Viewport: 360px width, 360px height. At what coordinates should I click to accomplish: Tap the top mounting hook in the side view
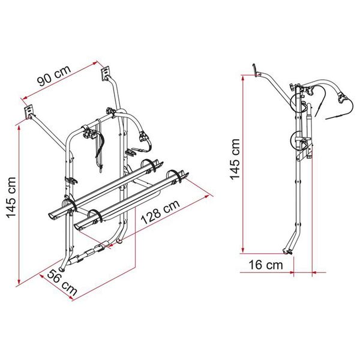[x=255, y=70]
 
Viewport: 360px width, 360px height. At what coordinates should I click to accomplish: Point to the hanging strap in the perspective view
[x=99, y=147]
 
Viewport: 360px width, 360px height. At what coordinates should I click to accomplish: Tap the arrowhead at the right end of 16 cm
[x=313, y=274]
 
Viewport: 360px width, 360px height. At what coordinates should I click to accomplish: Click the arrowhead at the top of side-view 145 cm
[x=242, y=77]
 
